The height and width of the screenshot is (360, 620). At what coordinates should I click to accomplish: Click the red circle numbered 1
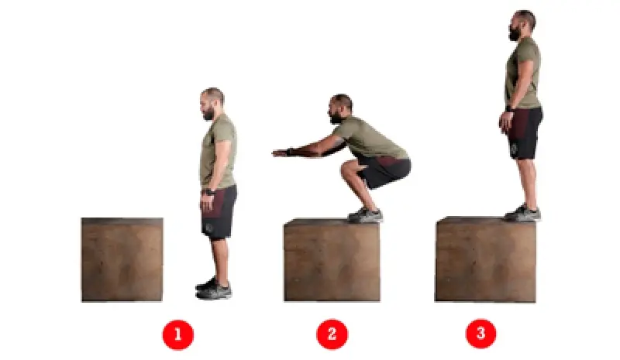pos(178,334)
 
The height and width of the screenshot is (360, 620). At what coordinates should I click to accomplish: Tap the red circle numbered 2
pos(332,334)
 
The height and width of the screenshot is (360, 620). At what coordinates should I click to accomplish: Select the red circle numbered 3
pos(480,334)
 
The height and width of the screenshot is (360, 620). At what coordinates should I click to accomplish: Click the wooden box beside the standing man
pos(122,259)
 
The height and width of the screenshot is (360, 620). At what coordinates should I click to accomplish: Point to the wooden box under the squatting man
pos(332,260)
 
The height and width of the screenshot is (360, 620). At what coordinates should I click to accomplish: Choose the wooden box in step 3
pos(486,259)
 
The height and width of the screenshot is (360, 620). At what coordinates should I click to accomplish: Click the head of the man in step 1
pos(212,104)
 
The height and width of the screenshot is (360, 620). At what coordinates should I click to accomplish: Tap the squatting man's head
pos(340,108)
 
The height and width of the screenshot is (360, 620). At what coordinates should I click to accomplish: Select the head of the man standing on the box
pos(522,25)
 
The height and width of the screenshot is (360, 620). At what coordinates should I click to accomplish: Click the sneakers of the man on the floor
pos(214,289)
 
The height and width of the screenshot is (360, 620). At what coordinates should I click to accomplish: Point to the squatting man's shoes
pos(365,215)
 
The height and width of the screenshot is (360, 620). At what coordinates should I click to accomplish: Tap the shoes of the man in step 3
pos(522,213)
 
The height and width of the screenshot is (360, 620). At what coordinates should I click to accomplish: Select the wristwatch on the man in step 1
pos(208,193)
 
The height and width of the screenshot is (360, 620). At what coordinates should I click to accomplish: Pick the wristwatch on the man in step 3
pos(509,108)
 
